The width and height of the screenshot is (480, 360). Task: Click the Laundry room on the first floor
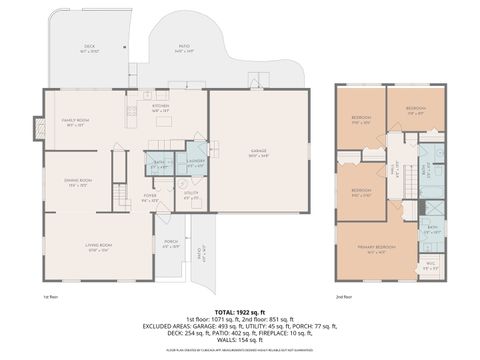196,162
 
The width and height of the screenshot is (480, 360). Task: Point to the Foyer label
151,197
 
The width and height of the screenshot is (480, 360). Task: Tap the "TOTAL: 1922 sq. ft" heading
239,313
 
